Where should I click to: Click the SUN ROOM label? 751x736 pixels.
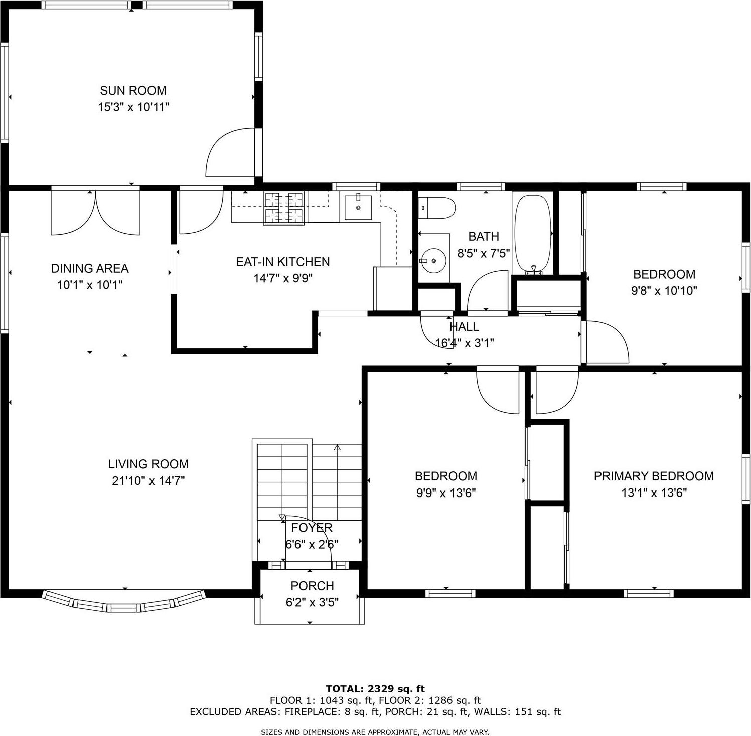click(133, 91)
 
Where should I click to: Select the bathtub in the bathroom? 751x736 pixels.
click(533, 233)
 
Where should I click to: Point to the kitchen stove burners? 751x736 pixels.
click(284, 208)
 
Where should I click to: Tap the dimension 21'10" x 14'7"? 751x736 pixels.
click(148, 481)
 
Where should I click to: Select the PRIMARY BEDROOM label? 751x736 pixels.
click(654, 476)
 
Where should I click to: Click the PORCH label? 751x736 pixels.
click(312, 586)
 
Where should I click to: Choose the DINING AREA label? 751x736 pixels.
click(90, 269)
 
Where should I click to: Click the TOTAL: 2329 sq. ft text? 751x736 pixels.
click(375, 689)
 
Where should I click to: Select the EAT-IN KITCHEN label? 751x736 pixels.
click(283, 262)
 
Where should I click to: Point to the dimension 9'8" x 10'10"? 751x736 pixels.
click(664, 291)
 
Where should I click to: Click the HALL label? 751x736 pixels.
click(464, 327)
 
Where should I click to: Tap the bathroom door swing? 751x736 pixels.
click(488, 291)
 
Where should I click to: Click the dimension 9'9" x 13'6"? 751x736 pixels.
click(445, 493)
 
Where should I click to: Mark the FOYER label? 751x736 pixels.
click(312, 528)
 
